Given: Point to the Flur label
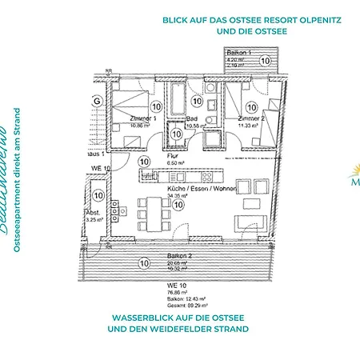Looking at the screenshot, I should (x=150, y=155).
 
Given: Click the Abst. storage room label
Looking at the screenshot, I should (x=94, y=214).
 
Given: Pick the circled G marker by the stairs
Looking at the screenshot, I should (x=97, y=102).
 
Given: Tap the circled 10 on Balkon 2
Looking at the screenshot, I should (x=144, y=262).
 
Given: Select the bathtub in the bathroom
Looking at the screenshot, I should (x=177, y=102).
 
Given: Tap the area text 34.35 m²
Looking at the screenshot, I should (x=176, y=196).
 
